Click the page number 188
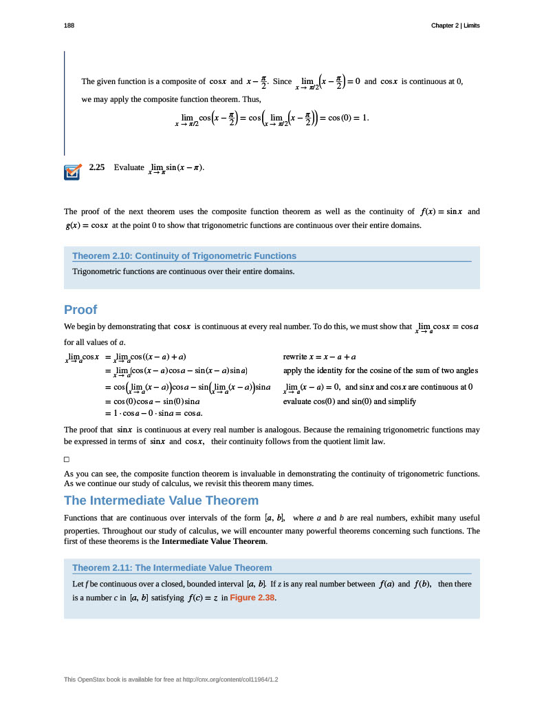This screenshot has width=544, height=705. coord(69,25)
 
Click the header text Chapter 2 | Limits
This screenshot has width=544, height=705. coord(455,25)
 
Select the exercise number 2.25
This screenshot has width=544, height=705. coord(96,167)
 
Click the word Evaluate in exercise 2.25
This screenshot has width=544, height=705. coord(129,167)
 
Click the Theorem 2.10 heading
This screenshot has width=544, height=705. coord(184,256)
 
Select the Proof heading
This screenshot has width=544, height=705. coord(80,309)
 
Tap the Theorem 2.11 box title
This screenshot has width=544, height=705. coord(172,568)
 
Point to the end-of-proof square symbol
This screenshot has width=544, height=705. coord(67,459)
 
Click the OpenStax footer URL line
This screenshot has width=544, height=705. coord(171,680)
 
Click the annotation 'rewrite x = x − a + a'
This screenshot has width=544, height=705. coord(320,357)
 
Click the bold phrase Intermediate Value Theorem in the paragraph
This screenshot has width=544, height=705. coord(213,542)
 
